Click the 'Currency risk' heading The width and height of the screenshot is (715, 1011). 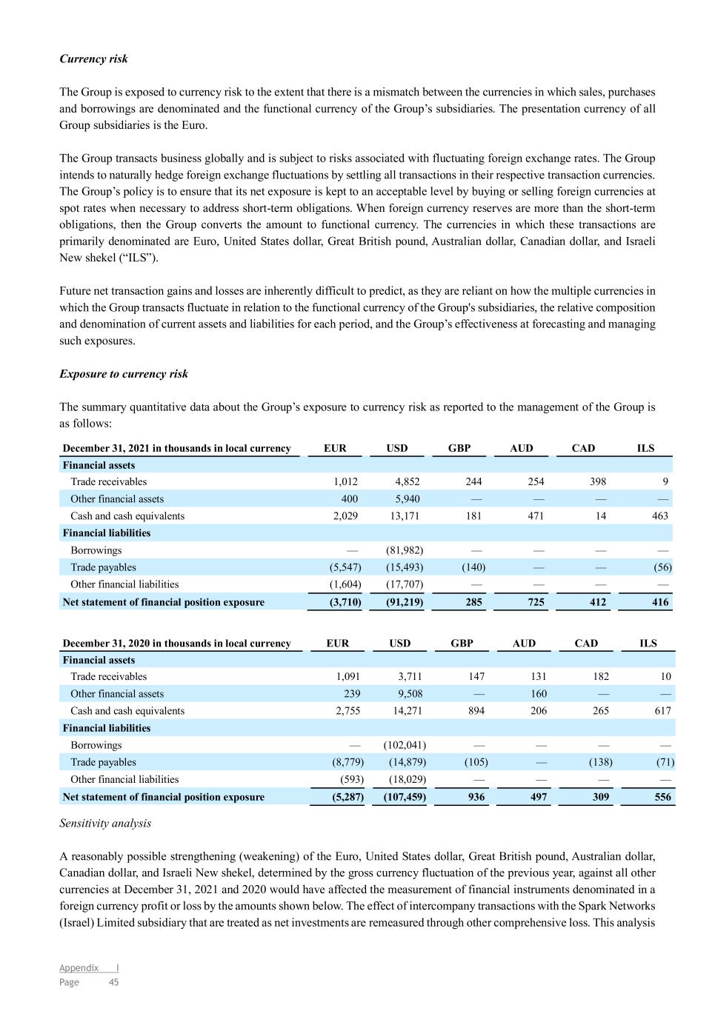[93, 59]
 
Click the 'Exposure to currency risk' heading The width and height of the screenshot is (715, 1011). [124, 374]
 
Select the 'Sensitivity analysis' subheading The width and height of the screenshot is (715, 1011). [105, 824]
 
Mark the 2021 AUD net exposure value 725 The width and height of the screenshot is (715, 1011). [535, 602]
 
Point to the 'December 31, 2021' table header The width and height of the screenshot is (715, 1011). [176, 448]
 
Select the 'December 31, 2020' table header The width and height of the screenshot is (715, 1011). [176, 643]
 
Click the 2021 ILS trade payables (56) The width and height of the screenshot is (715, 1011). [662, 567]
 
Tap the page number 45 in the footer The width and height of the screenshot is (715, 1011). [114, 982]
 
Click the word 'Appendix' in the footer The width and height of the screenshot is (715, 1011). [79, 967]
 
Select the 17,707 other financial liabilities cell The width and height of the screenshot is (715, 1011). [405, 584]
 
